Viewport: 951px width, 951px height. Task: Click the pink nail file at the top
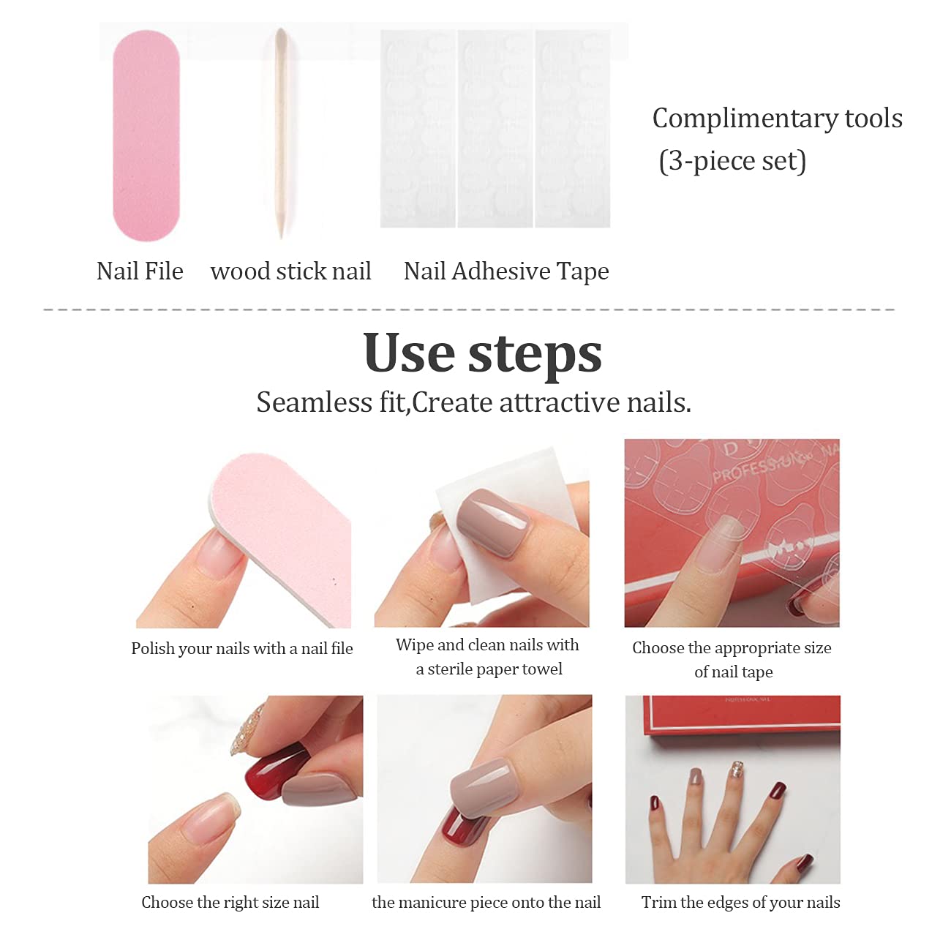click(x=146, y=136)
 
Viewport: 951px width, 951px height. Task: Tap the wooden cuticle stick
click(x=282, y=133)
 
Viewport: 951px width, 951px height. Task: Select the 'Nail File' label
click(x=140, y=271)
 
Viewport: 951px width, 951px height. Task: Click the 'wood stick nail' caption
click(x=290, y=271)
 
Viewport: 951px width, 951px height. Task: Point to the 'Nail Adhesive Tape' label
click(x=506, y=271)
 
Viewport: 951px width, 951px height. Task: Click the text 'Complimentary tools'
click(x=778, y=119)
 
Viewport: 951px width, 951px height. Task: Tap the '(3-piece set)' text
click(x=732, y=161)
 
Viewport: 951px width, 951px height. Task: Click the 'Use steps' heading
click(x=482, y=353)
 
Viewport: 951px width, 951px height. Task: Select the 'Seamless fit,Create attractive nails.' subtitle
click(x=474, y=402)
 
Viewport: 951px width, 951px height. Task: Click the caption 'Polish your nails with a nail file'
click(x=242, y=648)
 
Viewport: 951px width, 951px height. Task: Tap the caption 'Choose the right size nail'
click(x=230, y=902)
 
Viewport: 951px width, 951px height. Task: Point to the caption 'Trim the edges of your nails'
click(x=740, y=902)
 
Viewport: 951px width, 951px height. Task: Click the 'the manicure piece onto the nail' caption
click(x=486, y=902)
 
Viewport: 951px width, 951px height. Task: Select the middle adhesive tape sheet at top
click(x=495, y=129)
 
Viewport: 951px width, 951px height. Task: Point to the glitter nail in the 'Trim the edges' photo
click(x=736, y=770)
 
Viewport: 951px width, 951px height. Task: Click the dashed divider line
click(x=469, y=309)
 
